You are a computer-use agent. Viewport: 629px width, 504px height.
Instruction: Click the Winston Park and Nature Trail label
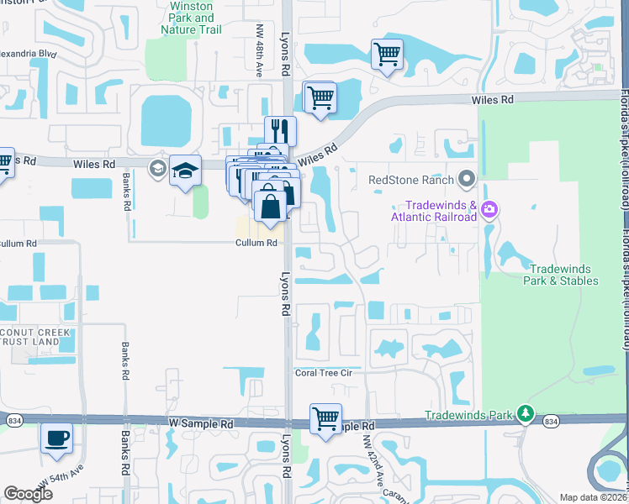(192, 17)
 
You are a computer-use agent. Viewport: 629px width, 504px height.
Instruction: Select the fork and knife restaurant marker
(280, 131)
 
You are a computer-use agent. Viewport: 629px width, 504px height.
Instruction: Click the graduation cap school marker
(185, 170)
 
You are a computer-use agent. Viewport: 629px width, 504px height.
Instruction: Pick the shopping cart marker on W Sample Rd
(325, 417)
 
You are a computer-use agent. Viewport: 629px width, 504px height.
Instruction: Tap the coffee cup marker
(56, 437)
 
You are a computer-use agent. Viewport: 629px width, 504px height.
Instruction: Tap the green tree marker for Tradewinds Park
(526, 413)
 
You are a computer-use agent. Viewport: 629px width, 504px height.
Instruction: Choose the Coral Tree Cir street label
(327, 372)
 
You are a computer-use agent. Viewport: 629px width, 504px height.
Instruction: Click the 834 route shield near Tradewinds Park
(550, 421)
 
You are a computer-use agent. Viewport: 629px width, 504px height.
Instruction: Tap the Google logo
(28, 494)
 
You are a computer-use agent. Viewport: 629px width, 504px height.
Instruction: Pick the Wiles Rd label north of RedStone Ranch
(492, 99)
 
